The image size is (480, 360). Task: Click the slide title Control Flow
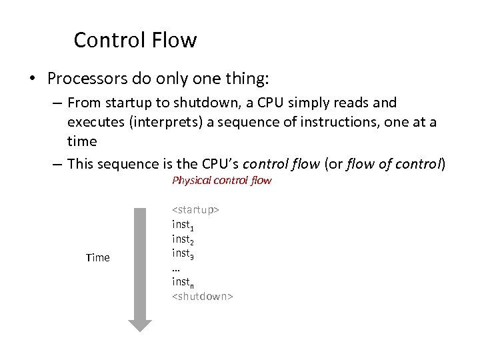pos(135,40)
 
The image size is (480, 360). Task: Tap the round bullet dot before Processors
pos(33,79)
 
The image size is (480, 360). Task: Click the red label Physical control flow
pos(221,180)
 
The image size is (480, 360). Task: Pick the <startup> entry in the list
pos(196,209)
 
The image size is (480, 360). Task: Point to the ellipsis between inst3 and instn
pos(176,268)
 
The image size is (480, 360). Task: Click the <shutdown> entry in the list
pos(203,297)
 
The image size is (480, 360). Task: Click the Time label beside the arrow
pos(98,257)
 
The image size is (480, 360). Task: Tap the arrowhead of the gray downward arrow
pos(140,325)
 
